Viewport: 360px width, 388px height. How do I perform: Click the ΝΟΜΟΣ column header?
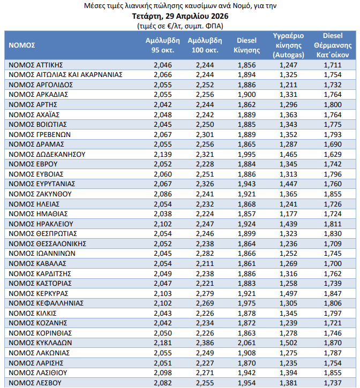[22, 45]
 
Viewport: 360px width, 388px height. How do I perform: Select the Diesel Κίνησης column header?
[246, 45]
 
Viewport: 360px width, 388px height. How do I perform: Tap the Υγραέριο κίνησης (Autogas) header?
[289, 45]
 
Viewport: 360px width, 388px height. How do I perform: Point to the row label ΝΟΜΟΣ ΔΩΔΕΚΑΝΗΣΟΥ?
[47, 154]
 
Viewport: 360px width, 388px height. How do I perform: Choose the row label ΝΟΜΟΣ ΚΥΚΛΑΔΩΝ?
[41, 343]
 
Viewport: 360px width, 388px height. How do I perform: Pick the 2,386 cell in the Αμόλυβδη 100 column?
[205, 343]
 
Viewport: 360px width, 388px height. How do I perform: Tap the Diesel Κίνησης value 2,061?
[246, 343]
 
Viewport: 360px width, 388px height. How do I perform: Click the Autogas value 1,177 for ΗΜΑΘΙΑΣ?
[288, 214]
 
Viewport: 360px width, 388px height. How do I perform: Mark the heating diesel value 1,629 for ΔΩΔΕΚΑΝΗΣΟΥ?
[333, 154]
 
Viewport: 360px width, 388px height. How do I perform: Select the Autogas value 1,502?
[288, 343]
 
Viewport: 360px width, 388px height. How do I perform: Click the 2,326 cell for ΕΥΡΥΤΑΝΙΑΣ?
[205, 184]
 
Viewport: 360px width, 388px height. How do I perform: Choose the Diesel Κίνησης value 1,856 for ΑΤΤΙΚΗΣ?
[246, 65]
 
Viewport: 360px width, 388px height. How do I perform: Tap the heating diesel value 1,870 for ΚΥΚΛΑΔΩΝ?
[333, 343]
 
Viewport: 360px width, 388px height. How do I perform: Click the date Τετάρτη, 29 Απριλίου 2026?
[180, 16]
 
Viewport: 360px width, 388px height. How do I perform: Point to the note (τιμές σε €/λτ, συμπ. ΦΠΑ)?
[180, 25]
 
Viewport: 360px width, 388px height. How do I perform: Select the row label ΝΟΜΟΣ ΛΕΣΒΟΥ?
[35, 383]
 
